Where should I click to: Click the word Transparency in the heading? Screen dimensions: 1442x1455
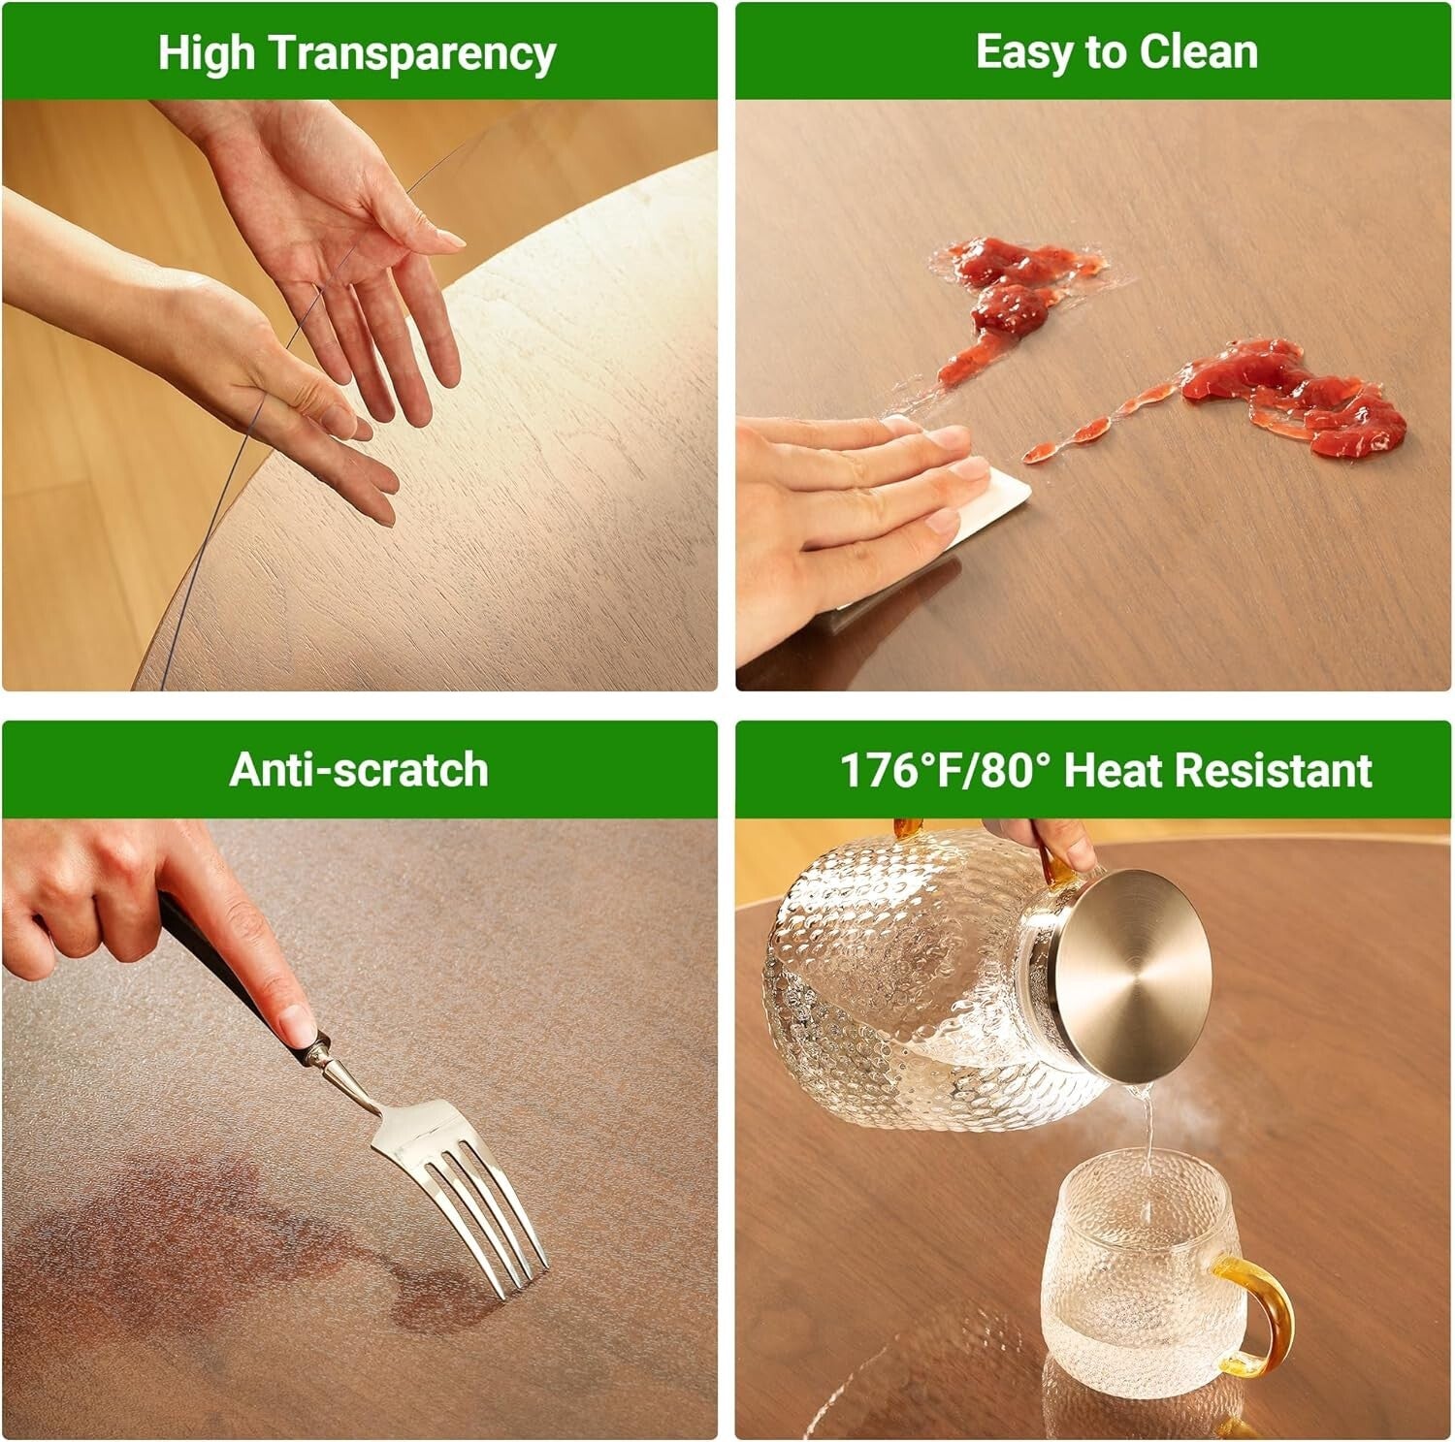pyautogui.click(x=411, y=53)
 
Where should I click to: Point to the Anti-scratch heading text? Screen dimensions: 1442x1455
pyautogui.click(x=359, y=770)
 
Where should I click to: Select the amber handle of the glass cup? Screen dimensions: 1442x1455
pyautogui.click(x=1261, y=1314)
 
